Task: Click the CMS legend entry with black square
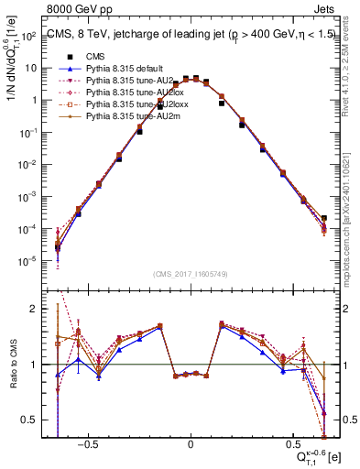pos(92,57)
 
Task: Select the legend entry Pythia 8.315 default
pos(123,69)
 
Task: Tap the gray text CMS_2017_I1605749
pos(191,274)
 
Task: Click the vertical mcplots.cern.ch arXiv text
pos(351,211)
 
